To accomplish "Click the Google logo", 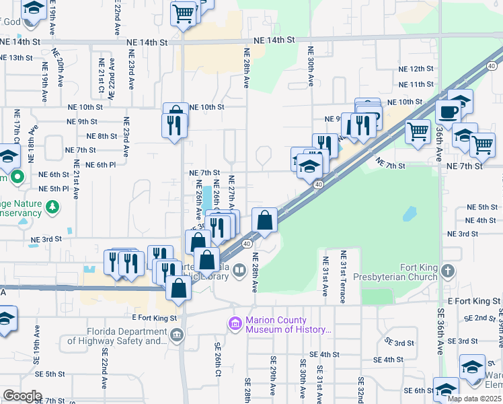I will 22,395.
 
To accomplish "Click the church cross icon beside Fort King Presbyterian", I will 449,271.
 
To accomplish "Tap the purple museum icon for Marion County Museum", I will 235,325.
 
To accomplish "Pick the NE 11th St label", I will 416,85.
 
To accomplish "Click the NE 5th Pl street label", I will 54,189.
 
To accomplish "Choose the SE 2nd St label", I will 479,318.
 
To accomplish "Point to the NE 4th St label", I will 480,220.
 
